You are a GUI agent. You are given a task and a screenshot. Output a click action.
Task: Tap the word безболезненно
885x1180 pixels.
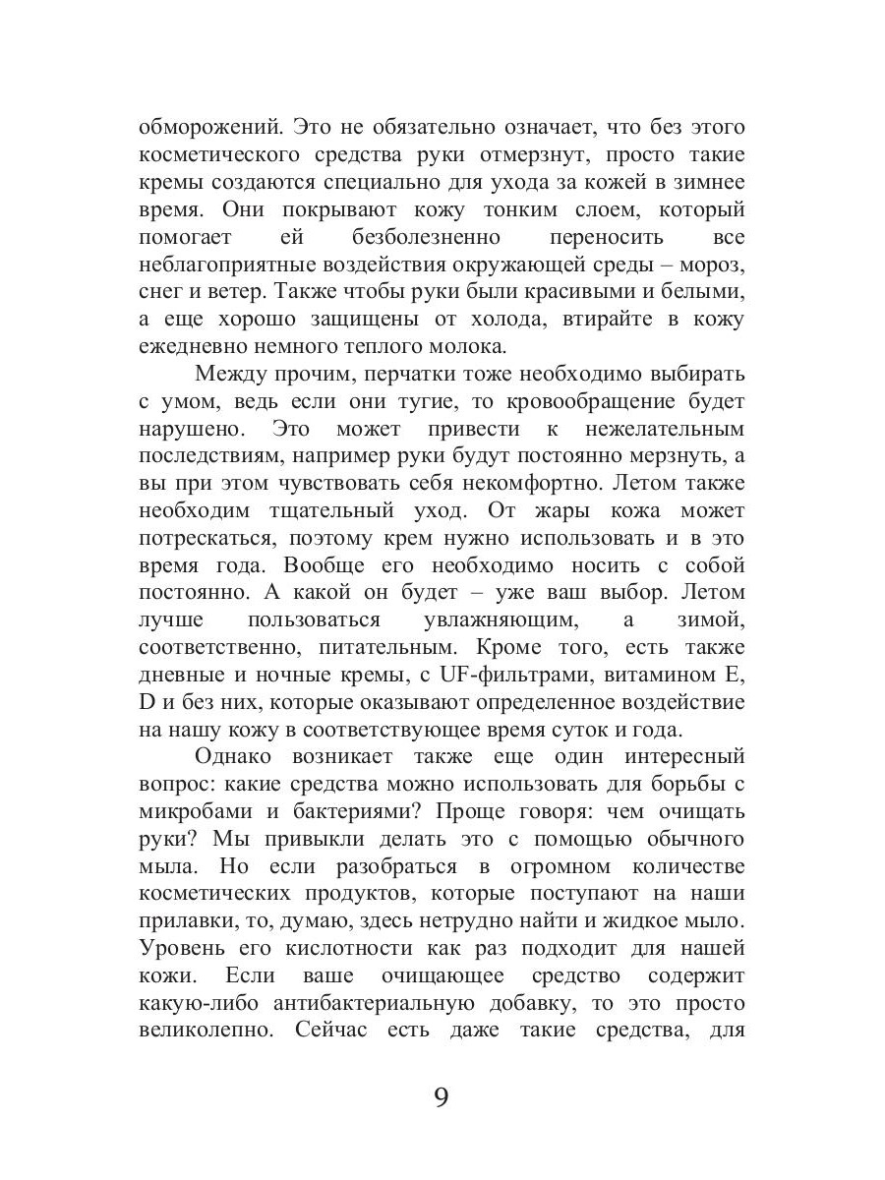426,238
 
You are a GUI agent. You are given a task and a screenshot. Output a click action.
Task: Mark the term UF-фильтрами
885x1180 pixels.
521,677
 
